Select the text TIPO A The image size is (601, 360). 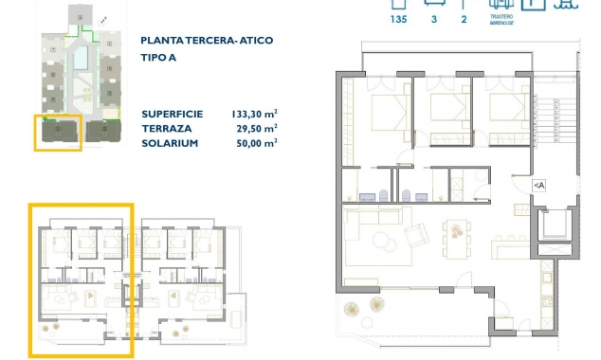click(x=158, y=57)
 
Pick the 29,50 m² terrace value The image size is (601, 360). click(x=256, y=127)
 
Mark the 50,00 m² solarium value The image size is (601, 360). click(x=256, y=142)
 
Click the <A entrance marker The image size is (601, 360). click(x=538, y=186)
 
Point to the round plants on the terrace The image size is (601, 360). click(x=364, y=309)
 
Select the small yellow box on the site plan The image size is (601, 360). click(x=58, y=132)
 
